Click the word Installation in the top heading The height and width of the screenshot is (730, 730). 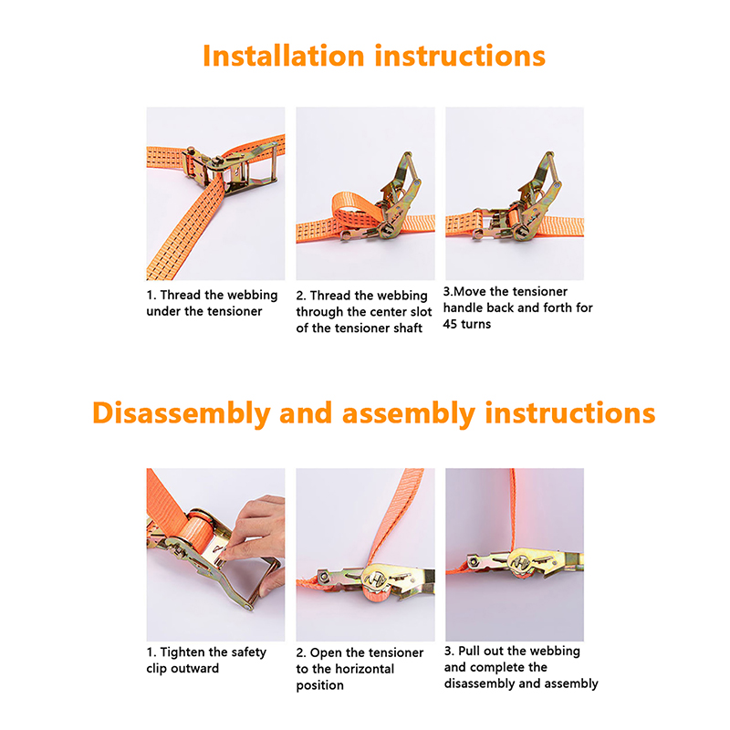pos(284,57)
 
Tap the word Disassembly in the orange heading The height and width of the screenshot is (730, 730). pos(181,413)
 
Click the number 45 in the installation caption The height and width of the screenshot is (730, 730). pos(450,324)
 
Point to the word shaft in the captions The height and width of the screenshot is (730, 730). pos(408,328)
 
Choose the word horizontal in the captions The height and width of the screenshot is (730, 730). pos(364,669)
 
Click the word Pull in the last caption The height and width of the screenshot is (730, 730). pos(468,651)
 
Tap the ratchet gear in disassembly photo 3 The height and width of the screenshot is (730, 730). pos(524,563)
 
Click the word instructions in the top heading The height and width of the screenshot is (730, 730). pos(460,57)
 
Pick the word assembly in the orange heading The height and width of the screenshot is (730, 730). pos(408,413)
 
